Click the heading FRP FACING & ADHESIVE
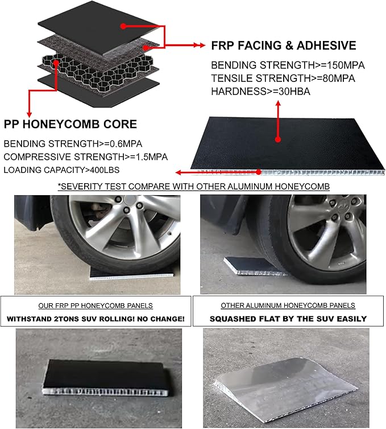click(x=283, y=46)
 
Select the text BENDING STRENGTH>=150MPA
click(x=288, y=65)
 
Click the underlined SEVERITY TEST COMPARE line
click(x=193, y=187)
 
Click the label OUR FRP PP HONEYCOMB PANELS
click(x=96, y=305)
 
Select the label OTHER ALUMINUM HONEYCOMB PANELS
click(x=288, y=306)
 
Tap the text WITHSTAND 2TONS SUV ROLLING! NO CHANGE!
click(x=96, y=319)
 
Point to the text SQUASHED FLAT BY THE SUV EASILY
click(x=288, y=319)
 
